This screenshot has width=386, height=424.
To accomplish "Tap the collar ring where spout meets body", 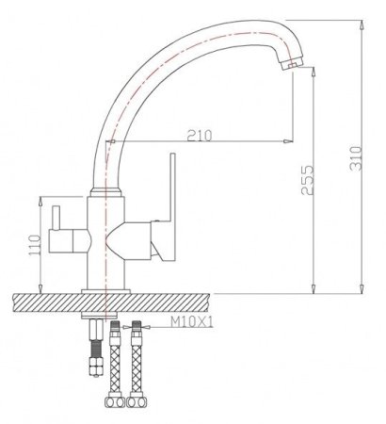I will coord(105,192).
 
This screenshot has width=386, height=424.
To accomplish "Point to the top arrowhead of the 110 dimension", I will coord(44,199).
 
